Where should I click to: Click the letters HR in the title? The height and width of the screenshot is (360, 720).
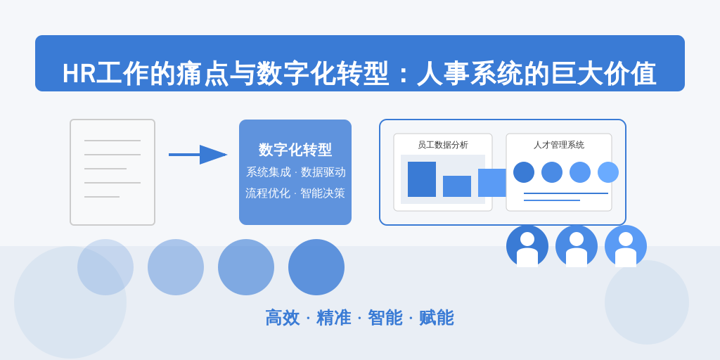click(x=79, y=73)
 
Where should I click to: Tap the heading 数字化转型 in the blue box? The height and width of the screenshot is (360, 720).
click(x=295, y=150)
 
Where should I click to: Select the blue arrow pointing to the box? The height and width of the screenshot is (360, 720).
click(x=198, y=155)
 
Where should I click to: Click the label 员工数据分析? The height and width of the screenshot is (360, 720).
click(x=443, y=145)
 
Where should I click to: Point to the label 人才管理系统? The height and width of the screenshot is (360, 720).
click(x=559, y=145)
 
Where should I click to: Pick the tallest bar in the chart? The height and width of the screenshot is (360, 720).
click(x=422, y=179)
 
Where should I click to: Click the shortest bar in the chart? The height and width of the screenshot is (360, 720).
click(x=457, y=186)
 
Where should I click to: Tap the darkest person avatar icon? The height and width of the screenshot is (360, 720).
click(x=527, y=246)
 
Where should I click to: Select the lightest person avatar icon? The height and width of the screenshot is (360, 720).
click(x=625, y=246)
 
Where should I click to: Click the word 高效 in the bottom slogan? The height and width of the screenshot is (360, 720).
click(x=283, y=318)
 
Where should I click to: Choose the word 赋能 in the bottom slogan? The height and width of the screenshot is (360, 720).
click(x=436, y=318)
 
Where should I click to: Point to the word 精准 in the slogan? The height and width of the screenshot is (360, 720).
click(x=334, y=318)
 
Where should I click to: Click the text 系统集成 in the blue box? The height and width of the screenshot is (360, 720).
click(x=269, y=172)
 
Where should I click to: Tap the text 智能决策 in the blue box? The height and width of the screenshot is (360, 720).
click(x=322, y=193)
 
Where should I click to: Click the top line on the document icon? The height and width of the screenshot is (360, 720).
click(x=112, y=141)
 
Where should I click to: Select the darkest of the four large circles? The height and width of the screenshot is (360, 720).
click(x=316, y=267)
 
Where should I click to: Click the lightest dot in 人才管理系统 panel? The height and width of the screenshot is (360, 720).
click(x=608, y=172)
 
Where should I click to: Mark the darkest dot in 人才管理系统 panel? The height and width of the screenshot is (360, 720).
click(x=523, y=172)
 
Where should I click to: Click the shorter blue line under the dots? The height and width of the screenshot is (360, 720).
click(x=552, y=200)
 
